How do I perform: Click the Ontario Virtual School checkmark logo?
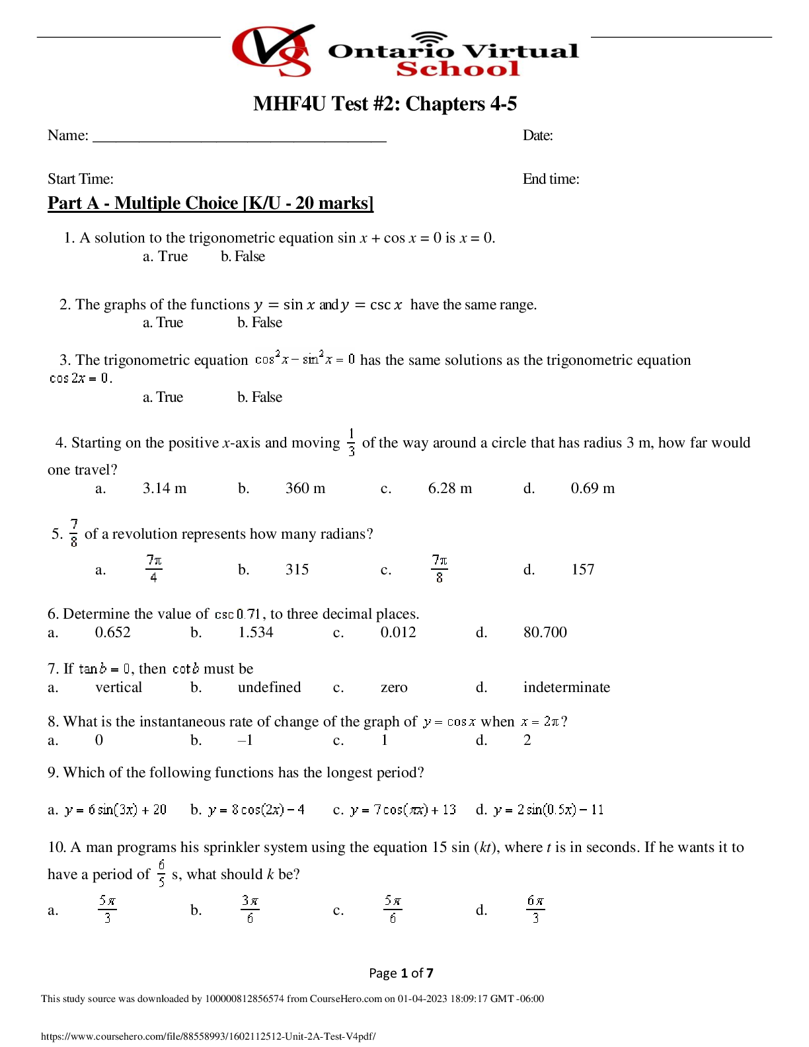[x=273, y=50]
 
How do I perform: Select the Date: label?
[x=538, y=136]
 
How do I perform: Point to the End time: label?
[x=551, y=178]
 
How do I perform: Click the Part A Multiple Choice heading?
[x=211, y=203]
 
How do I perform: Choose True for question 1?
[x=165, y=256]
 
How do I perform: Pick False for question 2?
[x=260, y=323]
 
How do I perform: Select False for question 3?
[x=260, y=397]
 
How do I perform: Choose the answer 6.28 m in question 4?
[x=450, y=488]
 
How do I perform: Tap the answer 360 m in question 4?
[x=305, y=488]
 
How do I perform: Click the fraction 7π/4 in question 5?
[x=154, y=569]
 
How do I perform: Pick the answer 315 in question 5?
[x=297, y=570]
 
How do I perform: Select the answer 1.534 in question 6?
[x=256, y=632]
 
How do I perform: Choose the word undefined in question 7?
[x=270, y=687]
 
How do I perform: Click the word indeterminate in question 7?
[x=566, y=687]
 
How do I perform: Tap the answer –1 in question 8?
[x=245, y=740]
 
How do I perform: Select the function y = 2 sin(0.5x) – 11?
[x=549, y=810]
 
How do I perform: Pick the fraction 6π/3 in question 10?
[x=536, y=910]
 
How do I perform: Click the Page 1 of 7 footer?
[x=401, y=973]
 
